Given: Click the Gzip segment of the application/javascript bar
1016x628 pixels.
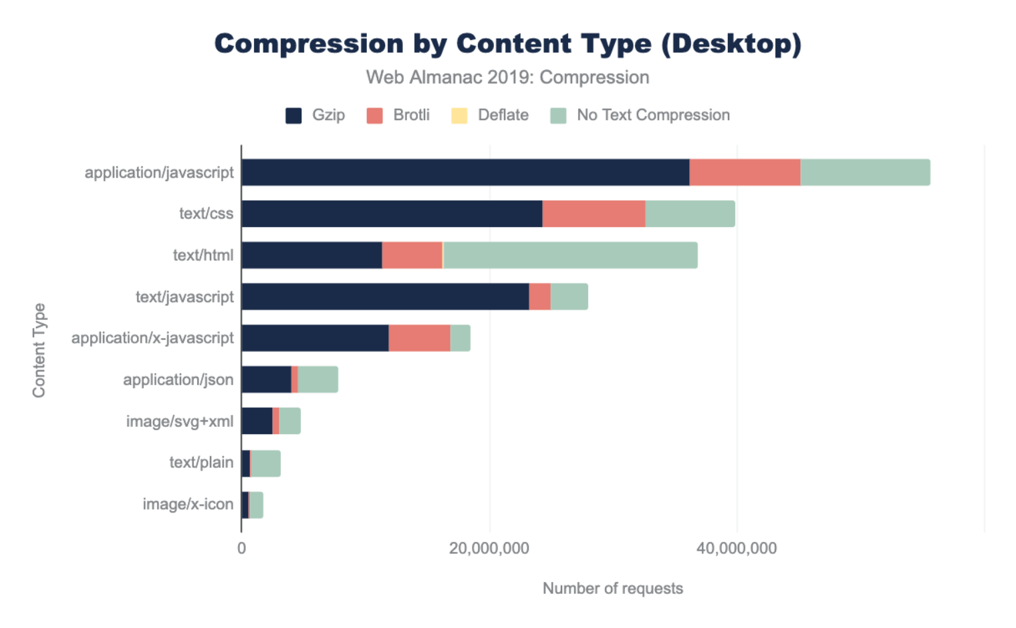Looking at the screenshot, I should [x=465, y=172].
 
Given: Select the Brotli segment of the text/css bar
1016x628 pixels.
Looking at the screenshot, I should [x=594, y=214].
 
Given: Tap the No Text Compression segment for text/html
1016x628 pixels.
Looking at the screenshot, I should [x=570, y=255].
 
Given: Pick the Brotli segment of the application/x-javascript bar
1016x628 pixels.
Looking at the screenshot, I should [x=419, y=338].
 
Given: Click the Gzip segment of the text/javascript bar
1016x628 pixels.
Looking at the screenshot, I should [x=385, y=297].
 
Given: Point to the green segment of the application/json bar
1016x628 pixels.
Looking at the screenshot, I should [x=318, y=379].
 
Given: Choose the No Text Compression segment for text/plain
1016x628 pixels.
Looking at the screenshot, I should [x=266, y=463].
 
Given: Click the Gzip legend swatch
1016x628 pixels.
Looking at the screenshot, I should [x=293, y=116].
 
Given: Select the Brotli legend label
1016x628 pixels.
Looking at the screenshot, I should [x=411, y=115].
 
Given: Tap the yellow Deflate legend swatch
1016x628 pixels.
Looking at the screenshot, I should [x=459, y=116].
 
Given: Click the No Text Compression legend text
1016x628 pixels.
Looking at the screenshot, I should [x=653, y=115].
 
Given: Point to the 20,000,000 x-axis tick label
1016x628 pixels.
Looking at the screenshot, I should [x=489, y=548].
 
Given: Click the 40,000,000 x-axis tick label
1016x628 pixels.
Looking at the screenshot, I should [x=737, y=548].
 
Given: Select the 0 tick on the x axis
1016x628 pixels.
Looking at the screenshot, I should [x=241, y=548].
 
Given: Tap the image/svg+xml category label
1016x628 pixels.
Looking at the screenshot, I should [x=180, y=422].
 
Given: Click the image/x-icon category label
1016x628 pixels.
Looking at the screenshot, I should [x=188, y=504].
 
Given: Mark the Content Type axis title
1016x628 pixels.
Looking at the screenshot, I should [x=39, y=350].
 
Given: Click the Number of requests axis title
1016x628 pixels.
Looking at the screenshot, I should [x=612, y=589].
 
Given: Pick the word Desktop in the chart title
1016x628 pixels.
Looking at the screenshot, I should [x=730, y=44].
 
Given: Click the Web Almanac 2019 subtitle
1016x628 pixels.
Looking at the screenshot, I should [x=507, y=77].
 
